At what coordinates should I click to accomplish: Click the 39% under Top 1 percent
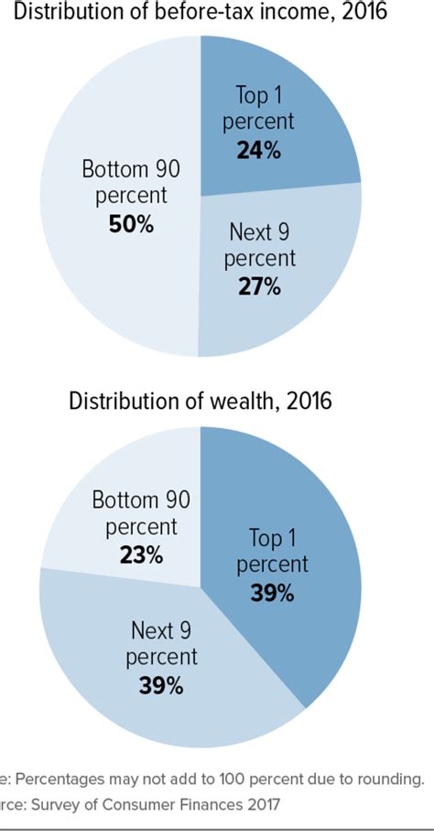click(x=272, y=593)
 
